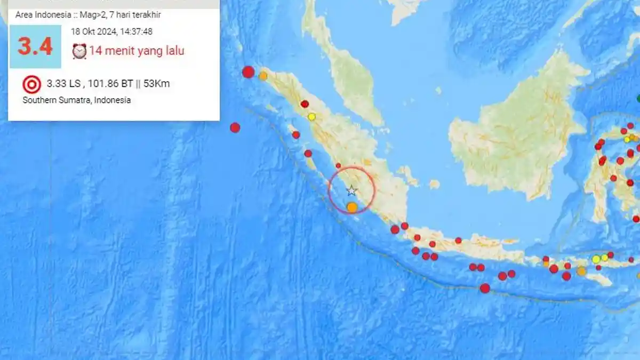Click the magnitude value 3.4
tap(35, 46)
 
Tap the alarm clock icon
tap(79, 51)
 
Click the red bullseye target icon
tap(31, 84)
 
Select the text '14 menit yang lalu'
tap(137, 51)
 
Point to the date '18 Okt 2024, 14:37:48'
tap(111, 31)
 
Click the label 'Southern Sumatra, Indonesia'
tap(76, 100)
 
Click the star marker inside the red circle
tap(351, 190)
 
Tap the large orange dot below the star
tap(352, 207)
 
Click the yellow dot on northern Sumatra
tap(312, 117)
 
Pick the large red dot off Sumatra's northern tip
tap(248, 72)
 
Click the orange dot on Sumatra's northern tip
tap(263, 76)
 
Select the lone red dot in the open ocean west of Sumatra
tap(235, 127)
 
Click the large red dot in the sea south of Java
tap(485, 289)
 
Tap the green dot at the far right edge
tap(638, 98)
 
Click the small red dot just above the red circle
tap(338, 166)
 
